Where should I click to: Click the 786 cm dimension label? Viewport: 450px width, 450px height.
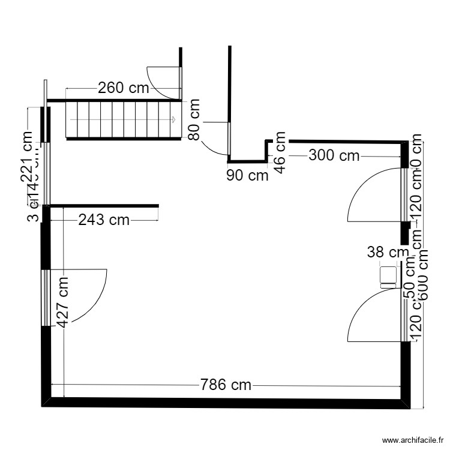coord(226,385)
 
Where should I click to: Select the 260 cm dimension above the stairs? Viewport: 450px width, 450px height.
coord(123,88)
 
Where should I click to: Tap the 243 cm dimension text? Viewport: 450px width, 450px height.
coord(104,220)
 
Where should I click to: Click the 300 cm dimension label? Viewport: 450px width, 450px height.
coord(334,156)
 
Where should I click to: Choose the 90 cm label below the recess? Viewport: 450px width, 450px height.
coord(247,176)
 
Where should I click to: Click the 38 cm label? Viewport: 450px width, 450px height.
coord(387,253)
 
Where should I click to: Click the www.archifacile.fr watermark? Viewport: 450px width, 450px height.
coord(411,440)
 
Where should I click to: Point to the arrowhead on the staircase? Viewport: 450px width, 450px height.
coord(173,120)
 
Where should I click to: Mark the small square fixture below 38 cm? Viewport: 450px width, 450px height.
coord(388,275)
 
